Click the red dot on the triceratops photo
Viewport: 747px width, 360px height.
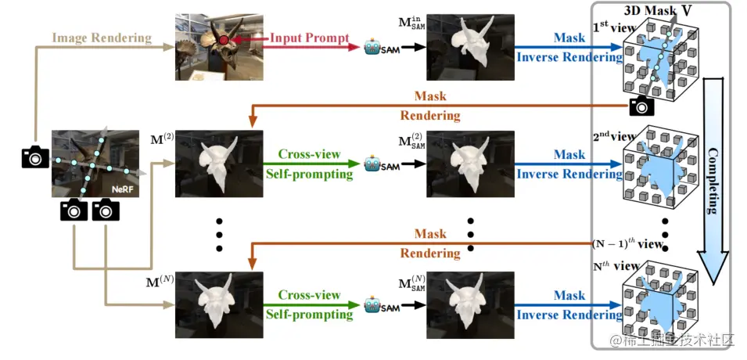(x=224, y=38)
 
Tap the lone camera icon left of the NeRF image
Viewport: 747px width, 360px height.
(x=34, y=157)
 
